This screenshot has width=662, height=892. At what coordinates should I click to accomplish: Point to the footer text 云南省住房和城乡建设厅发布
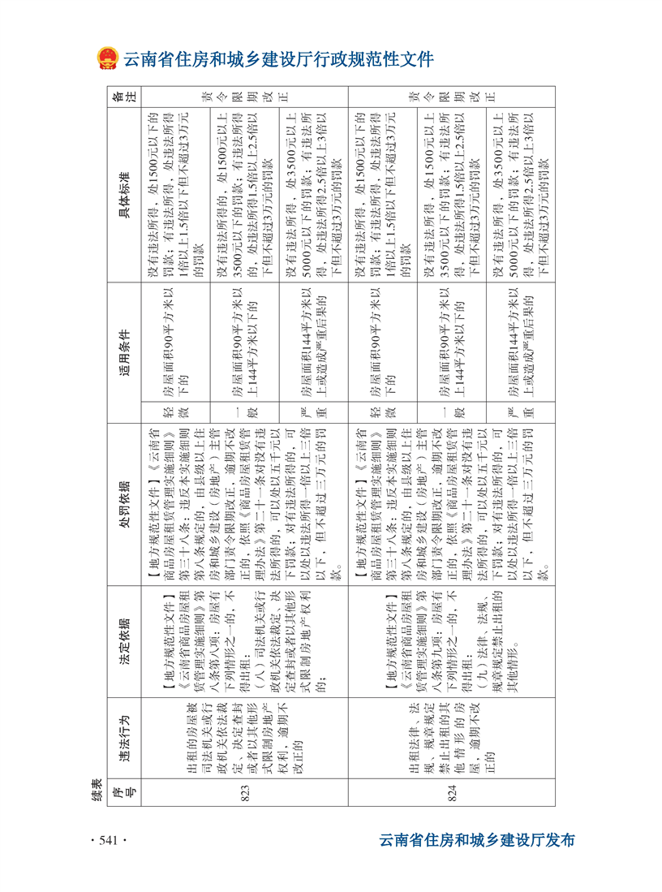pos(477,840)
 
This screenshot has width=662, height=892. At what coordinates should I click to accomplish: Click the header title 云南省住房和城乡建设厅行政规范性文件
pos(278,59)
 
